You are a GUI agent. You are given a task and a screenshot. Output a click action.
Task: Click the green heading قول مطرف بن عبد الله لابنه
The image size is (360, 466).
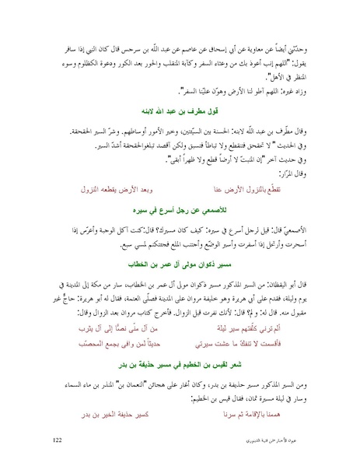click(x=181, y=110)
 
